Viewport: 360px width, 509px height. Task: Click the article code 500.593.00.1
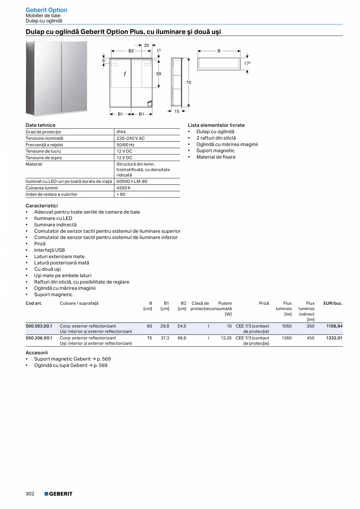pyautogui.click(x=39, y=326)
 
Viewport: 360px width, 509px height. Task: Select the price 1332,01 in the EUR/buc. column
pyautogui.click(x=334, y=338)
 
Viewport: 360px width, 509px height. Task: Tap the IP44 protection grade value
pyautogui.click(x=121, y=132)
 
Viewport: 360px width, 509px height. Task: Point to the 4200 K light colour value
pyautogui.click(x=124, y=188)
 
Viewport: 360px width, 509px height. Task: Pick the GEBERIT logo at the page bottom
pyautogui.click(x=58, y=494)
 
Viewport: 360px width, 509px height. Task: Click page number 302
pyautogui.click(x=30, y=494)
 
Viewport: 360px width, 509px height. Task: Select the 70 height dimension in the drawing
pyautogui.click(x=189, y=83)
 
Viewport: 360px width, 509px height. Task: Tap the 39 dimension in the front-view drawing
pyautogui.click(x=158, y=74)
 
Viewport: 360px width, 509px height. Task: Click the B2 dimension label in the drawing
pyautogui.click(x=131, y=51)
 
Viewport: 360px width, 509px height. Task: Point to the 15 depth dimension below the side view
pyautogui.click(x=176, y=112)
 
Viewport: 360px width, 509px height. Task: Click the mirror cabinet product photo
pyautogui.click(x=57, y=78)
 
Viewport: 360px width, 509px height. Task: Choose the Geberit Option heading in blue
pyautogui.click(x=47, y=10)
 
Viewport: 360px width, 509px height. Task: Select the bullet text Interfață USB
pyautogui.click(x=49, y=250)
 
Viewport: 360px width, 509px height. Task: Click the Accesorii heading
pyautogui.click(x=36, y=353)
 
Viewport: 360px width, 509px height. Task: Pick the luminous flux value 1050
pyautogui.click(x=286, y=326)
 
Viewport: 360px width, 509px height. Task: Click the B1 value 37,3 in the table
pyautogui.click(x=165, y=338)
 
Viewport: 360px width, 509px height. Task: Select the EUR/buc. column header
pyautogui.click(x=333, y=303)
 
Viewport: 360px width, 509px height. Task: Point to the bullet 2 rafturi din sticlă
pyautogui.click(x=216, y=138)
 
